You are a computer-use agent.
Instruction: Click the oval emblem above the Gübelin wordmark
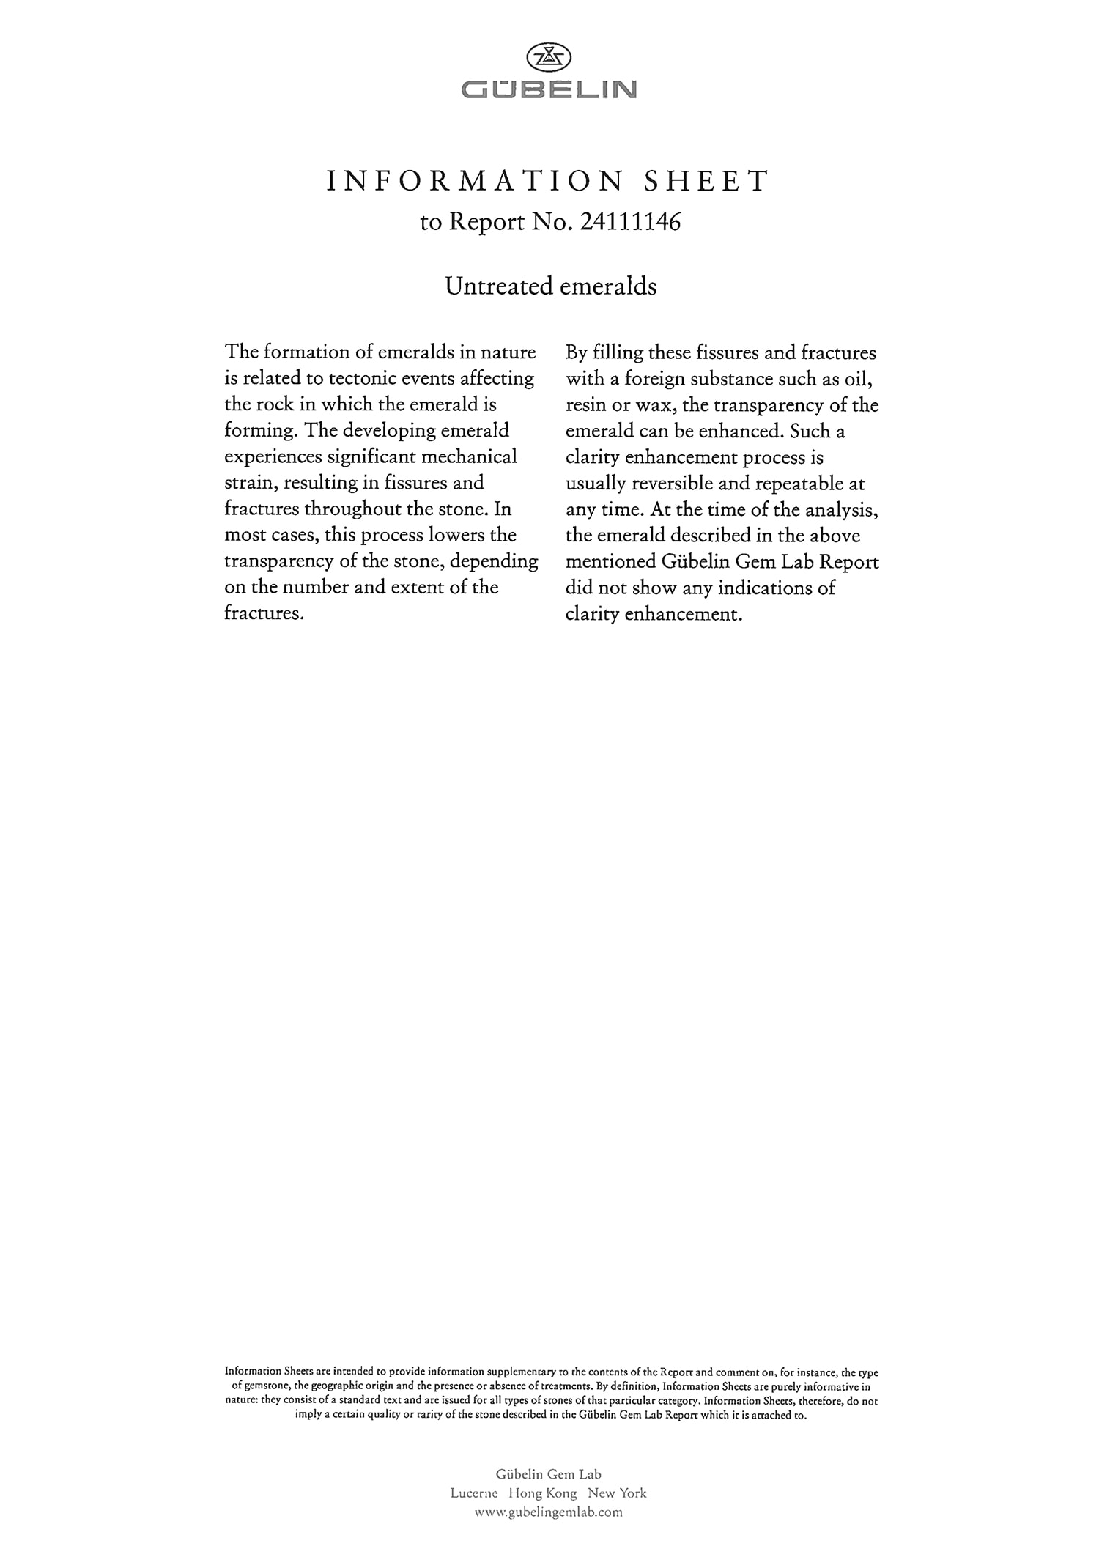(x=549, y=57)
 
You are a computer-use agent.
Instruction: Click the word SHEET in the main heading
(x=706, y=181)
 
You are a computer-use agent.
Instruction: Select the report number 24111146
(x=630, y=222)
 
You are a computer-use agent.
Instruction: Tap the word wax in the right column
(x=654, y=405)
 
